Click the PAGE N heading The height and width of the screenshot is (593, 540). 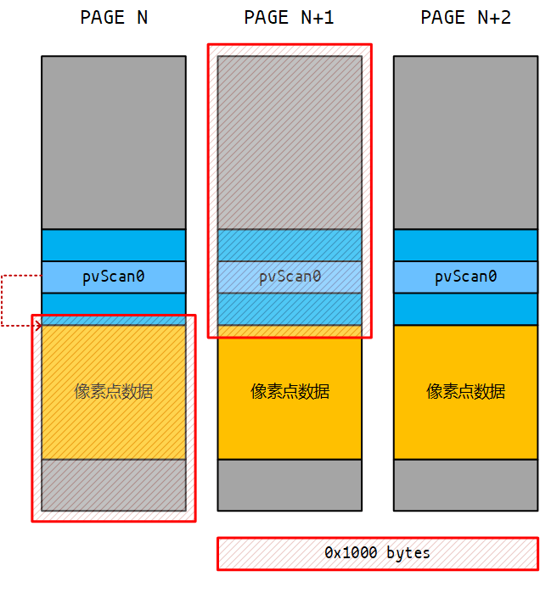point(114,18)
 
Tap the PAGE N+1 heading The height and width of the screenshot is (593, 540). point(290,18)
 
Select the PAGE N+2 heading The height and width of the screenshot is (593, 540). point(465,18)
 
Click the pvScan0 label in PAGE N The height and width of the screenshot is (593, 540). point(114,277)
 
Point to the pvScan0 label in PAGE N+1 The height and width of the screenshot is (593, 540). point(290,277)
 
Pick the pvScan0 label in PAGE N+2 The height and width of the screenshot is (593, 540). point(465,277)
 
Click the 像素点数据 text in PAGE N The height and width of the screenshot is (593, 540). point(114,391)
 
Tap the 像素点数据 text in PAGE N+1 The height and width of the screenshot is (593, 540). point(290,391)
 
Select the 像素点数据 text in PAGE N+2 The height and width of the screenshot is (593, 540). point(465,391)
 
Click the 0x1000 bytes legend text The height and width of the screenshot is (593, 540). point(377,553)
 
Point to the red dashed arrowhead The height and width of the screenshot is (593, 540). point(36,324)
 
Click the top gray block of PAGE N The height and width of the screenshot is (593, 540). point(114,142)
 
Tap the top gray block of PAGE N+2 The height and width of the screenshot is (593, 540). point(465,142)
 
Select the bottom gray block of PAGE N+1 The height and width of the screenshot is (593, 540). point(290,484)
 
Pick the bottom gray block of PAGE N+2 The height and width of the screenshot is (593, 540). point(465,484)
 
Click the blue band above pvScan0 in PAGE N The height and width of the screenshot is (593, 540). point(114,245)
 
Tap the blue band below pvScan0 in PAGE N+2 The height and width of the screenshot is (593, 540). point(465,309)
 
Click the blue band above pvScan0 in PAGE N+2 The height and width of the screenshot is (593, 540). point(465,245)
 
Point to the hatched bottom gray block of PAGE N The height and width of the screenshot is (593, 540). point(114,484)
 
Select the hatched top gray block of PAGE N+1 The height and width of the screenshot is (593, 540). point(290,142)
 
